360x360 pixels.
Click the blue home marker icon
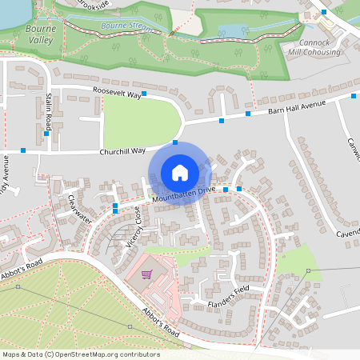click(180, 172)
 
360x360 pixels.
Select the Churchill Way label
click(122, 150)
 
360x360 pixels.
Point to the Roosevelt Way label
click(116, 94)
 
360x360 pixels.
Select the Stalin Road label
click(49, 111)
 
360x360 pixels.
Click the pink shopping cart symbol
click(146, 274)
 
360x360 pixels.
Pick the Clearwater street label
click(80, 208)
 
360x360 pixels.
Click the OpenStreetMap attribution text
click(81, 354)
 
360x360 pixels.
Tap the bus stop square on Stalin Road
click(46, 134)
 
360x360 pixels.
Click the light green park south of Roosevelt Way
click(142, 121)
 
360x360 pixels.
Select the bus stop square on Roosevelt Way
click(144, 94)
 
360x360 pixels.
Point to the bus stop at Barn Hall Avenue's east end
click(354, 96)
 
